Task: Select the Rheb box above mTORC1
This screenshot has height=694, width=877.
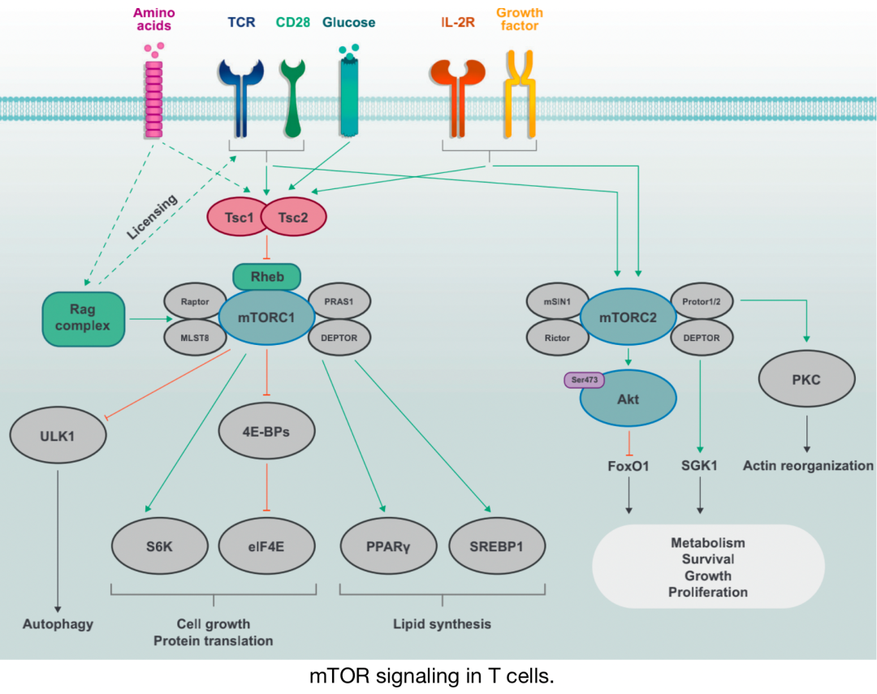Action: (x=267, y=277)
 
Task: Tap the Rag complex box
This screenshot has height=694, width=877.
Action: (x=84, y=317)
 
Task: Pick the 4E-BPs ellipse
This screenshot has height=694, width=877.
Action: (x=266, y=431)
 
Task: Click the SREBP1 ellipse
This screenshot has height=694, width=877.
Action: (x=495, y=545)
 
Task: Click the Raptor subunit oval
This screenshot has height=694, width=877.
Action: (x=194, y=300)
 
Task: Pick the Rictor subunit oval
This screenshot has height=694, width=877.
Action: (x=556, y=337)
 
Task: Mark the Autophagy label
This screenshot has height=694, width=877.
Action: (x=58, y=624)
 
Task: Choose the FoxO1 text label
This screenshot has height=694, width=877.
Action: (x=630, y=466)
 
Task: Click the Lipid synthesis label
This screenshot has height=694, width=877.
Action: (x=443, y=624)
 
